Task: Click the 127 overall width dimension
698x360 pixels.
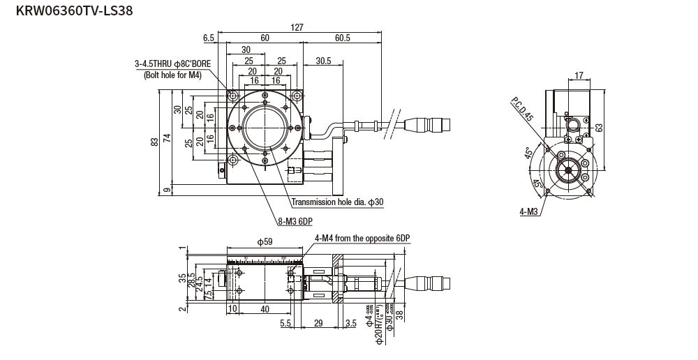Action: coord(297,27)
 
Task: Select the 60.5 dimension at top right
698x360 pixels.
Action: coord(342,38)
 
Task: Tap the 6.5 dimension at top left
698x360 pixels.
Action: coord(209,38)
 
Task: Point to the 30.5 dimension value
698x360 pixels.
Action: coord(323,61)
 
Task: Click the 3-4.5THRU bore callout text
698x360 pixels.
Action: coord(172,63)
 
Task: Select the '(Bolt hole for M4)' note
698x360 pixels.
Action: coord(172,75)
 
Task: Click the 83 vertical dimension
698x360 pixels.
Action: coord(154,142)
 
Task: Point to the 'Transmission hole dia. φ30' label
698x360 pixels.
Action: coord(337,202)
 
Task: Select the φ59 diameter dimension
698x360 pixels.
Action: coord(265,242)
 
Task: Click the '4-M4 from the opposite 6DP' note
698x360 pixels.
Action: coord(362,238)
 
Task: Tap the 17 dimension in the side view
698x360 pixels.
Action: coord(579,75)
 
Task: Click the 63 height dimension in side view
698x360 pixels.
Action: coord(598,127)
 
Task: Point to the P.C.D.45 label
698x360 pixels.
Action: coord(521,110)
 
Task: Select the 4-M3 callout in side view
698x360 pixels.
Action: coord(528,211)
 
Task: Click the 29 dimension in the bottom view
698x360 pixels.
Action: coord(318,322)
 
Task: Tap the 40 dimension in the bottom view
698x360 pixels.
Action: coord(265,308)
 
